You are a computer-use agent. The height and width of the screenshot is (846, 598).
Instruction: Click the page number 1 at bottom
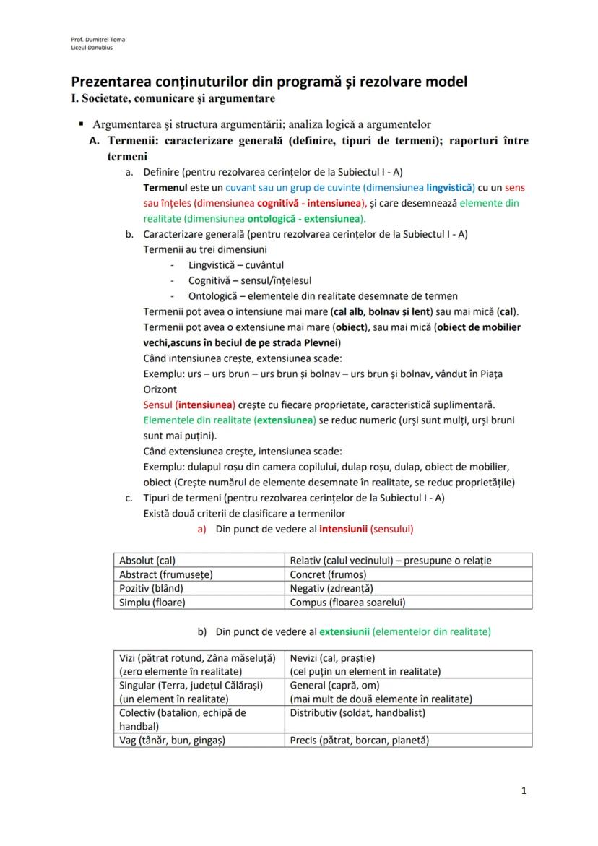[x=524, y=790]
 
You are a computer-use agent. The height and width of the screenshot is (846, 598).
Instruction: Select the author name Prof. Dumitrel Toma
[x=93, y=39]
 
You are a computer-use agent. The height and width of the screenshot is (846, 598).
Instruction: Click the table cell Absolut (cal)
[x=147, y=560]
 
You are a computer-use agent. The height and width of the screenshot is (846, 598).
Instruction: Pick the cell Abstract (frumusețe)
[x=165, y=574]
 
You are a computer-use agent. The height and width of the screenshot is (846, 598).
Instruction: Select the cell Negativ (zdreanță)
[x=331, y=588]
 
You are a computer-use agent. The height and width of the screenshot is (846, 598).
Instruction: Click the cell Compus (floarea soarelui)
[x=347, y=602]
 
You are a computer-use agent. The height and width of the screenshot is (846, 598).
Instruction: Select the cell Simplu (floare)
[x=152, y=602]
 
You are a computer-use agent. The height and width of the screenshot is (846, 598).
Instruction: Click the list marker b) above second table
[x=202, y=631]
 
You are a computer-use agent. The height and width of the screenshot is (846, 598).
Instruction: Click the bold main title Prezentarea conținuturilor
[x=269, y=81]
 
